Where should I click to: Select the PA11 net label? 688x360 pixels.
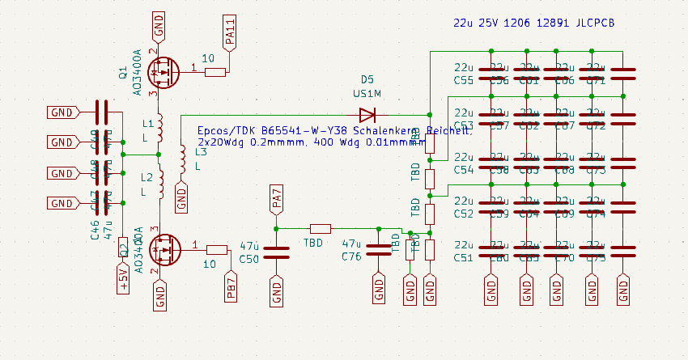pyautogui.click(x=230, y=36)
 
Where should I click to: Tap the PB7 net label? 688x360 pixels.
pyautogui.click(x=231, y=287)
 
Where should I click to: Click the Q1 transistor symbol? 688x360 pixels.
pyautogui.click(x=164, y=72)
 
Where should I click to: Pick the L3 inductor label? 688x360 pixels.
pyautogui.click(x=201, y=152)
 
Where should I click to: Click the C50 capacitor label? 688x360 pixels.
pyautogui.click(x=248, y=258)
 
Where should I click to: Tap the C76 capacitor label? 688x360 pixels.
pyautogui.click(x=351, y=256)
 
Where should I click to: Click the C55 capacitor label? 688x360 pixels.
pyautogui.click(x=464, y=80)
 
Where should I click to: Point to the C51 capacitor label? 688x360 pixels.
pyautogui.click(x=464, y=258)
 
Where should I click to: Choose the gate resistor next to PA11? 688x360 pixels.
pyautogui.click(x=214, y=72)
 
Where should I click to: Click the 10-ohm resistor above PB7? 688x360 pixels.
pyautogui.click(x=217, y=249)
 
